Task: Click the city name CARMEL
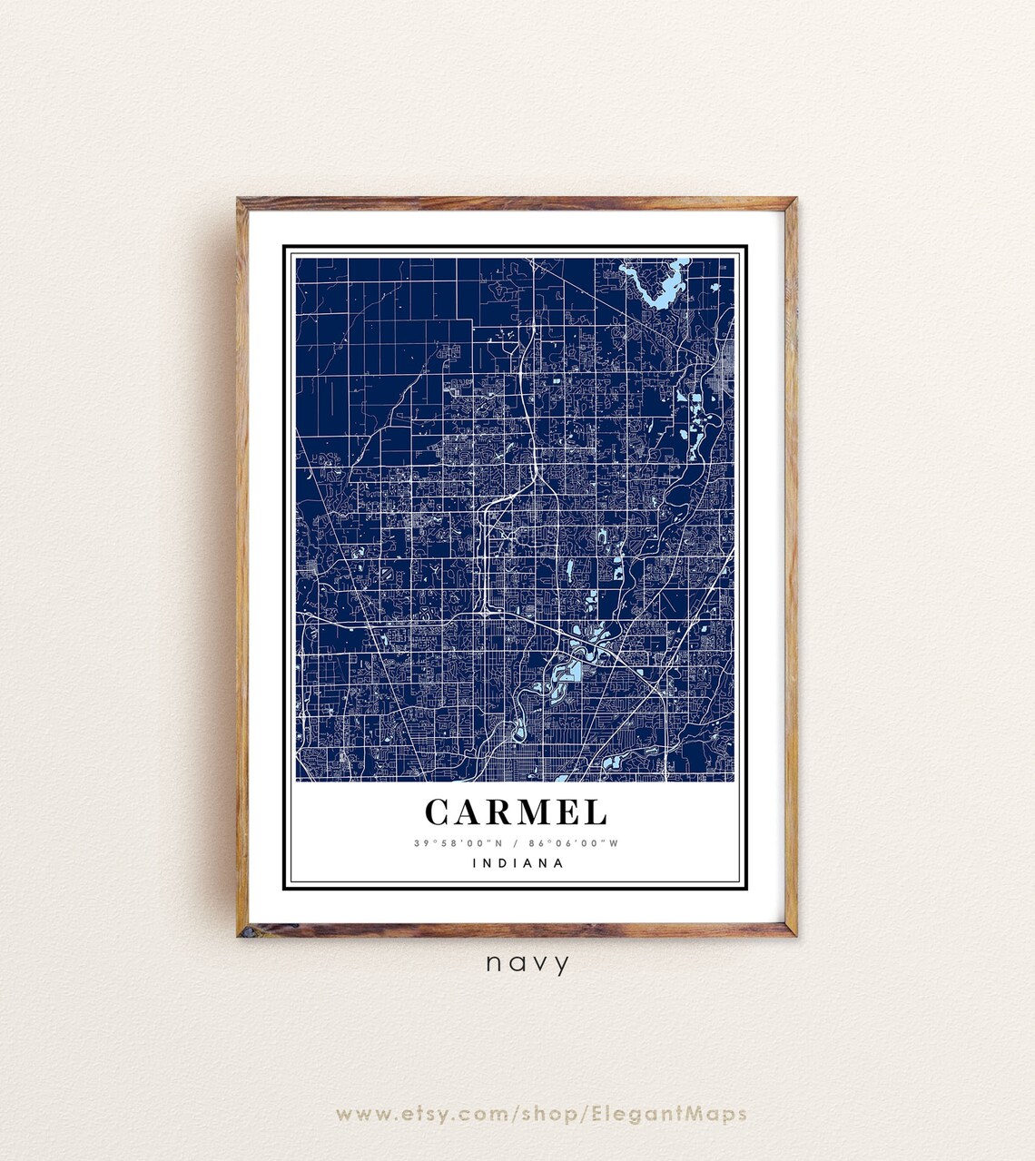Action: tap(516, 812)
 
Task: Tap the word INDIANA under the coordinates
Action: tap(518, 863)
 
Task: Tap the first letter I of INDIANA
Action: tap(475, 863)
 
